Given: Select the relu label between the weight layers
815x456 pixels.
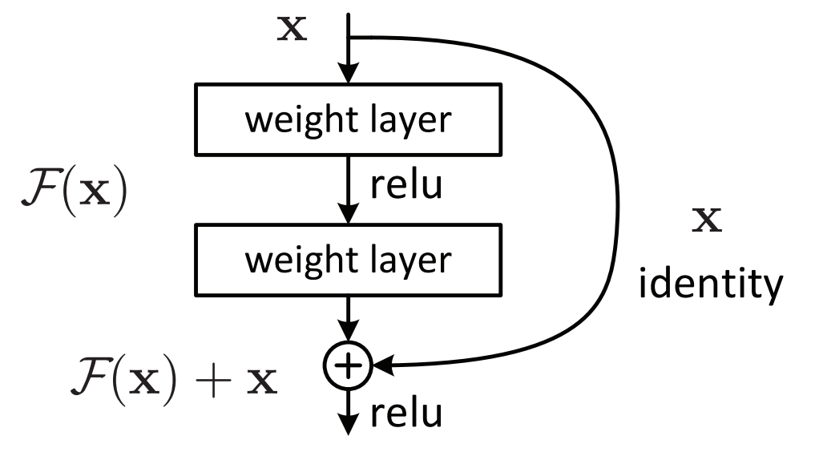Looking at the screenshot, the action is (x=406, y=184).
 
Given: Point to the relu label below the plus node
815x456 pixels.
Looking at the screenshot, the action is (x=406, y=414).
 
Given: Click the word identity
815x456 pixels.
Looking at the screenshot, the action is (x=711, y=284).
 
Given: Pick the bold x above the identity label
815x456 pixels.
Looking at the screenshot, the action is (x=707, y=220).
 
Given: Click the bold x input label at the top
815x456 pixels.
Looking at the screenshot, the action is (x=293, y=29).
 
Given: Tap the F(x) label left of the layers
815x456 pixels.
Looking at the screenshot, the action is (x=75, y=191).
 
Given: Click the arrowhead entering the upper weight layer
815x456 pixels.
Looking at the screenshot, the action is (x=349, y=73).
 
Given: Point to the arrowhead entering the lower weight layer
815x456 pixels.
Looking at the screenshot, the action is (x=349, y=214).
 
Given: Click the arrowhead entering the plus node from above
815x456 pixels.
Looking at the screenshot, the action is (x=349, y=331).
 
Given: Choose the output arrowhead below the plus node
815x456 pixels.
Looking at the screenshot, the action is (x=349, y=424).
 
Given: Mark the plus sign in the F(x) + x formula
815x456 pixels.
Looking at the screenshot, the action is (x=213, y=381).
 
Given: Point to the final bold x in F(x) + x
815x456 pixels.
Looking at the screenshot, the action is (x=262, y=382).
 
